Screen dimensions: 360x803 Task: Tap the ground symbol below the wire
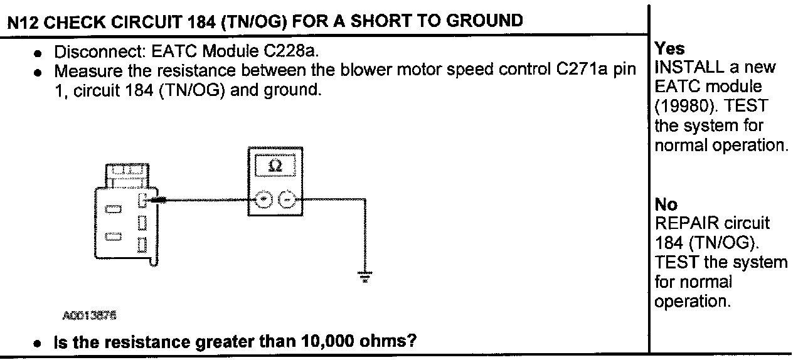click(x=364, y=276)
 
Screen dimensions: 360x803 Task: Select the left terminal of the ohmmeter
click(x=264, y=201)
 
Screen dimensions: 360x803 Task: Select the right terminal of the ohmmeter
click(x=286, y=201)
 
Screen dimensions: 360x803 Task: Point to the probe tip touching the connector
click(x=157, y=200)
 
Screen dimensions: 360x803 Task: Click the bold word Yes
click(x=669, y=49)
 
